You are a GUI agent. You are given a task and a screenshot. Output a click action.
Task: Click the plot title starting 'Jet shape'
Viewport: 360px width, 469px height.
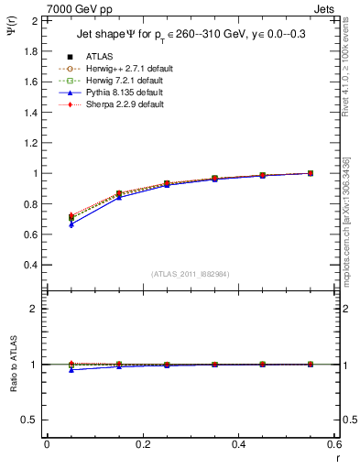(x=189, y=36)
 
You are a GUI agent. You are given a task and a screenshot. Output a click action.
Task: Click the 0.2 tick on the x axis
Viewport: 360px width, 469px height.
(x=142, y=444)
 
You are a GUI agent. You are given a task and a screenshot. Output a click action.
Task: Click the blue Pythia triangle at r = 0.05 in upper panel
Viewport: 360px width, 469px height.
(x=71, y=224)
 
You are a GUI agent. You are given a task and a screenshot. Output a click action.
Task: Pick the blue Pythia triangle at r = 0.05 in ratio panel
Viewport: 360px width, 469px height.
(x=71, y=370)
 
